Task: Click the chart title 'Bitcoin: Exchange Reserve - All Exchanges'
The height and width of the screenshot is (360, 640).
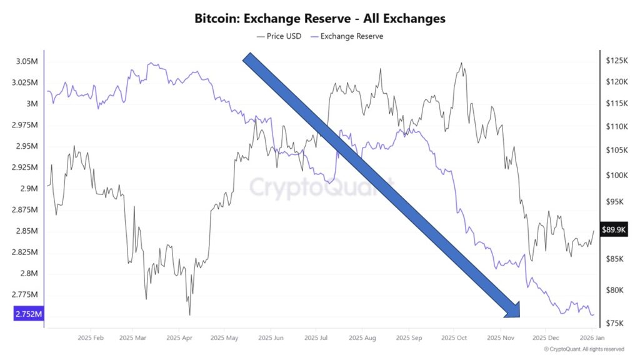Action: [319, 18]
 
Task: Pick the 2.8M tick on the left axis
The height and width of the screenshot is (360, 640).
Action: [27, 274]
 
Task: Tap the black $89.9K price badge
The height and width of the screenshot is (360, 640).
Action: [614, 229]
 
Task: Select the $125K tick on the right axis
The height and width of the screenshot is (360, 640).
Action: [617, 61]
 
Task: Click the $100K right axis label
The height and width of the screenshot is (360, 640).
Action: [617, 176]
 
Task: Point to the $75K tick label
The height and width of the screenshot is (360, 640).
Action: [616, 323]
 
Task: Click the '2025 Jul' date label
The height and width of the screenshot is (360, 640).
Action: [316, 337]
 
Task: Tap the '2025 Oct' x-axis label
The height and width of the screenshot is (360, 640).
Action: [453, 337]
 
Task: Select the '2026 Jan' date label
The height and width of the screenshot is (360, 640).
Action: [591, 337]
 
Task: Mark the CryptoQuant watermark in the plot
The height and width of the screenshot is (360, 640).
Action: [322, 186]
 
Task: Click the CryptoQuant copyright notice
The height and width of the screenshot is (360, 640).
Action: [584, 349]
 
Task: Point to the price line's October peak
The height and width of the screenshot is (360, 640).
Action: [461, 63]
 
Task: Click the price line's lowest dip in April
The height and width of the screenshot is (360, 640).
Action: [189, 315]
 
